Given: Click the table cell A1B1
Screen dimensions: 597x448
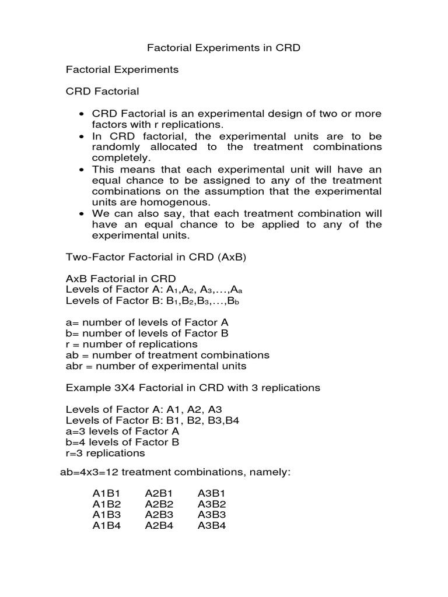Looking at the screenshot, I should [x=107, y=493].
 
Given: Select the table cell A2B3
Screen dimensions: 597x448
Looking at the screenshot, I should [x=159, y=515].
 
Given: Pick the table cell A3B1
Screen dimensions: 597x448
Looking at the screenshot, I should [x=212, y=493].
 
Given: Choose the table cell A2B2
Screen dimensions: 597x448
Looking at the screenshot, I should [x=159, y=504].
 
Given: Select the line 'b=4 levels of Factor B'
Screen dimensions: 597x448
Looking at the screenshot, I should [x=123, y=442].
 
